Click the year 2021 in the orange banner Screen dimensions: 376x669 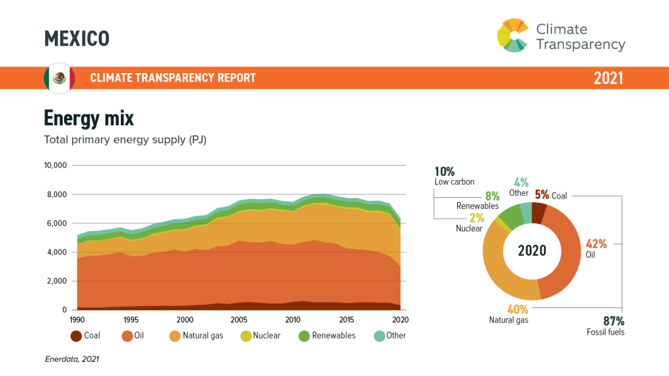click(x=608, y=78)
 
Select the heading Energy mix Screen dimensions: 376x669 click(x=88, y=118)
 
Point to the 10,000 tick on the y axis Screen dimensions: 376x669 click(x=56, y=165)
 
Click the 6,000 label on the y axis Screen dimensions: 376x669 click(x=57, y=223)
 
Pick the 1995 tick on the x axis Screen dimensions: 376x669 click(x=131, y=320)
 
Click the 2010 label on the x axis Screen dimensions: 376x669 click(x=292, y=320)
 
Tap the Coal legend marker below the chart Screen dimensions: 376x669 click(x=76, y=336)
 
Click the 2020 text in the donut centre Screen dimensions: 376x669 click(x=532, y=251)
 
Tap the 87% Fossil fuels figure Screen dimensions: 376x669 click(x=613, y=321)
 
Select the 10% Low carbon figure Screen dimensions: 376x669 click(x=445, y=172)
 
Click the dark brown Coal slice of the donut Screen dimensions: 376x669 click(x=539, y=213)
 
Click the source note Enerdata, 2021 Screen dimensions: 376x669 click(x=72, y=358)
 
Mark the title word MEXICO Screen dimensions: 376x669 click(x=76, y=39)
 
